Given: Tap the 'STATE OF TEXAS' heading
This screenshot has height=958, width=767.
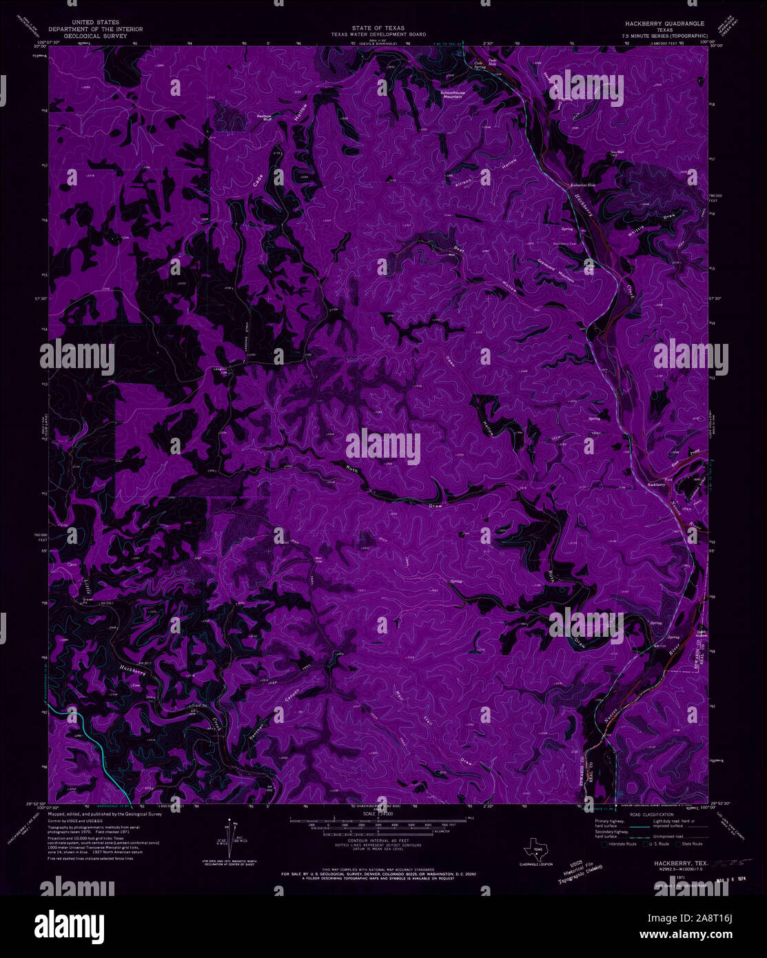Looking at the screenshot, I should tap(378, 28).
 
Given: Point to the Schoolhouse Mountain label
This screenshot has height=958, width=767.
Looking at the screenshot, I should tap(453, 94).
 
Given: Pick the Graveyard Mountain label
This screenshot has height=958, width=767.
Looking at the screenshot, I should tap(555, 270).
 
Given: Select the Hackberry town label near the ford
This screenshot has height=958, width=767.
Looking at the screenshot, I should tap(656, 485).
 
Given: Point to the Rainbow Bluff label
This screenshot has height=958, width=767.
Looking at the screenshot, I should tap(264, 116).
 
